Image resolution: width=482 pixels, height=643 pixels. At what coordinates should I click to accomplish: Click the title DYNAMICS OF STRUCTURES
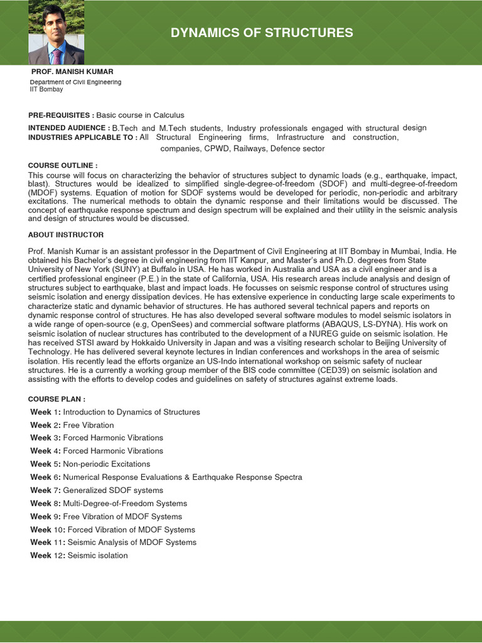click(262, 33)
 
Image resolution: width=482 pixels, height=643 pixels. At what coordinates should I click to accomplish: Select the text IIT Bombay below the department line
click(46, 89)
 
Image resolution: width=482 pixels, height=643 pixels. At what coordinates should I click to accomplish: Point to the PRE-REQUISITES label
click(61, 115)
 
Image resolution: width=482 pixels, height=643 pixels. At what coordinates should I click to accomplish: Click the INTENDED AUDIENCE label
click(69, 127)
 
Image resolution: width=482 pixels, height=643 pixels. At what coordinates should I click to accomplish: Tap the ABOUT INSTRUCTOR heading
click(66, 234)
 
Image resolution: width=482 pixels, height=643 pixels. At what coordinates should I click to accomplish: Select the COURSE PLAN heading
click(57, 399)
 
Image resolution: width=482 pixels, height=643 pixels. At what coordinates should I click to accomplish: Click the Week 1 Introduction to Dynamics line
click(115, 412)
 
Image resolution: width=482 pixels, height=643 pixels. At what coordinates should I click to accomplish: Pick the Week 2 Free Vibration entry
click(72, 425)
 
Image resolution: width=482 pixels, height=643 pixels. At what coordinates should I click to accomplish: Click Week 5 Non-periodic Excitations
click(90, 464)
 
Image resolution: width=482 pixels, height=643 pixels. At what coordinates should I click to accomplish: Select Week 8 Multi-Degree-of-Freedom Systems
click(109, 504)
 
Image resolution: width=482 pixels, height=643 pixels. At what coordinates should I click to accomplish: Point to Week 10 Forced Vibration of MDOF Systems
click(112, 529)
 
